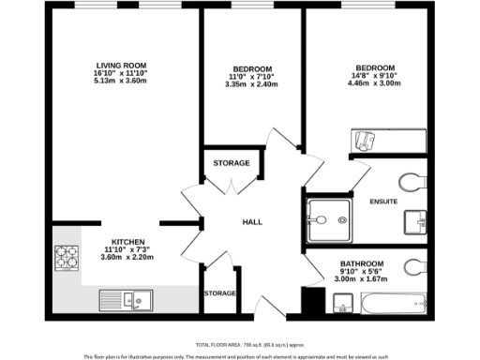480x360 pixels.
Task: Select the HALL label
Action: (252, 222)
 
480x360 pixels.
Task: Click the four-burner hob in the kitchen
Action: (67, 256)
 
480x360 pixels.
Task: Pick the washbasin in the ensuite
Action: (414, 223)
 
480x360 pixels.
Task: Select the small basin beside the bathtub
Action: (342, 303)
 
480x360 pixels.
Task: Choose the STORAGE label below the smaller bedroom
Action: (231, 163)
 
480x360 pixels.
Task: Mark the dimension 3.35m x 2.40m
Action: (252, 83)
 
